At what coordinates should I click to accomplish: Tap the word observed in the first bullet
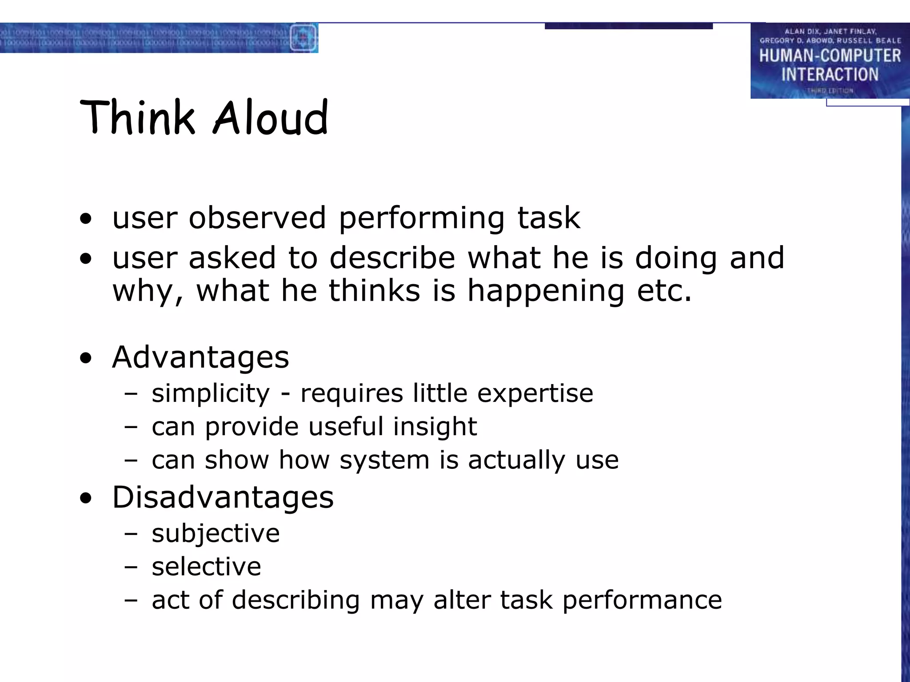tap(257, 218)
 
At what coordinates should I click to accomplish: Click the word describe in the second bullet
tap(392, 258)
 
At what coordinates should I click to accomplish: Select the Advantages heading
tap(200, 357)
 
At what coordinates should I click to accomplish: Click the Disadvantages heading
tap(223, 497)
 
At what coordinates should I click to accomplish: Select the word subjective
tap(216, 533)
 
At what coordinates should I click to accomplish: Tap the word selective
tap(206, 567)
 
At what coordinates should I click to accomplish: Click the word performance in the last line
tap(642, 600)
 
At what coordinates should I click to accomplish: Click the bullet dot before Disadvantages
tap(86, 498)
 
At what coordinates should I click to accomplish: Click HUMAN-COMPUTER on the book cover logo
tap(830, 56)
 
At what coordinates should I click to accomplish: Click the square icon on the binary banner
tap(303, 38)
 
